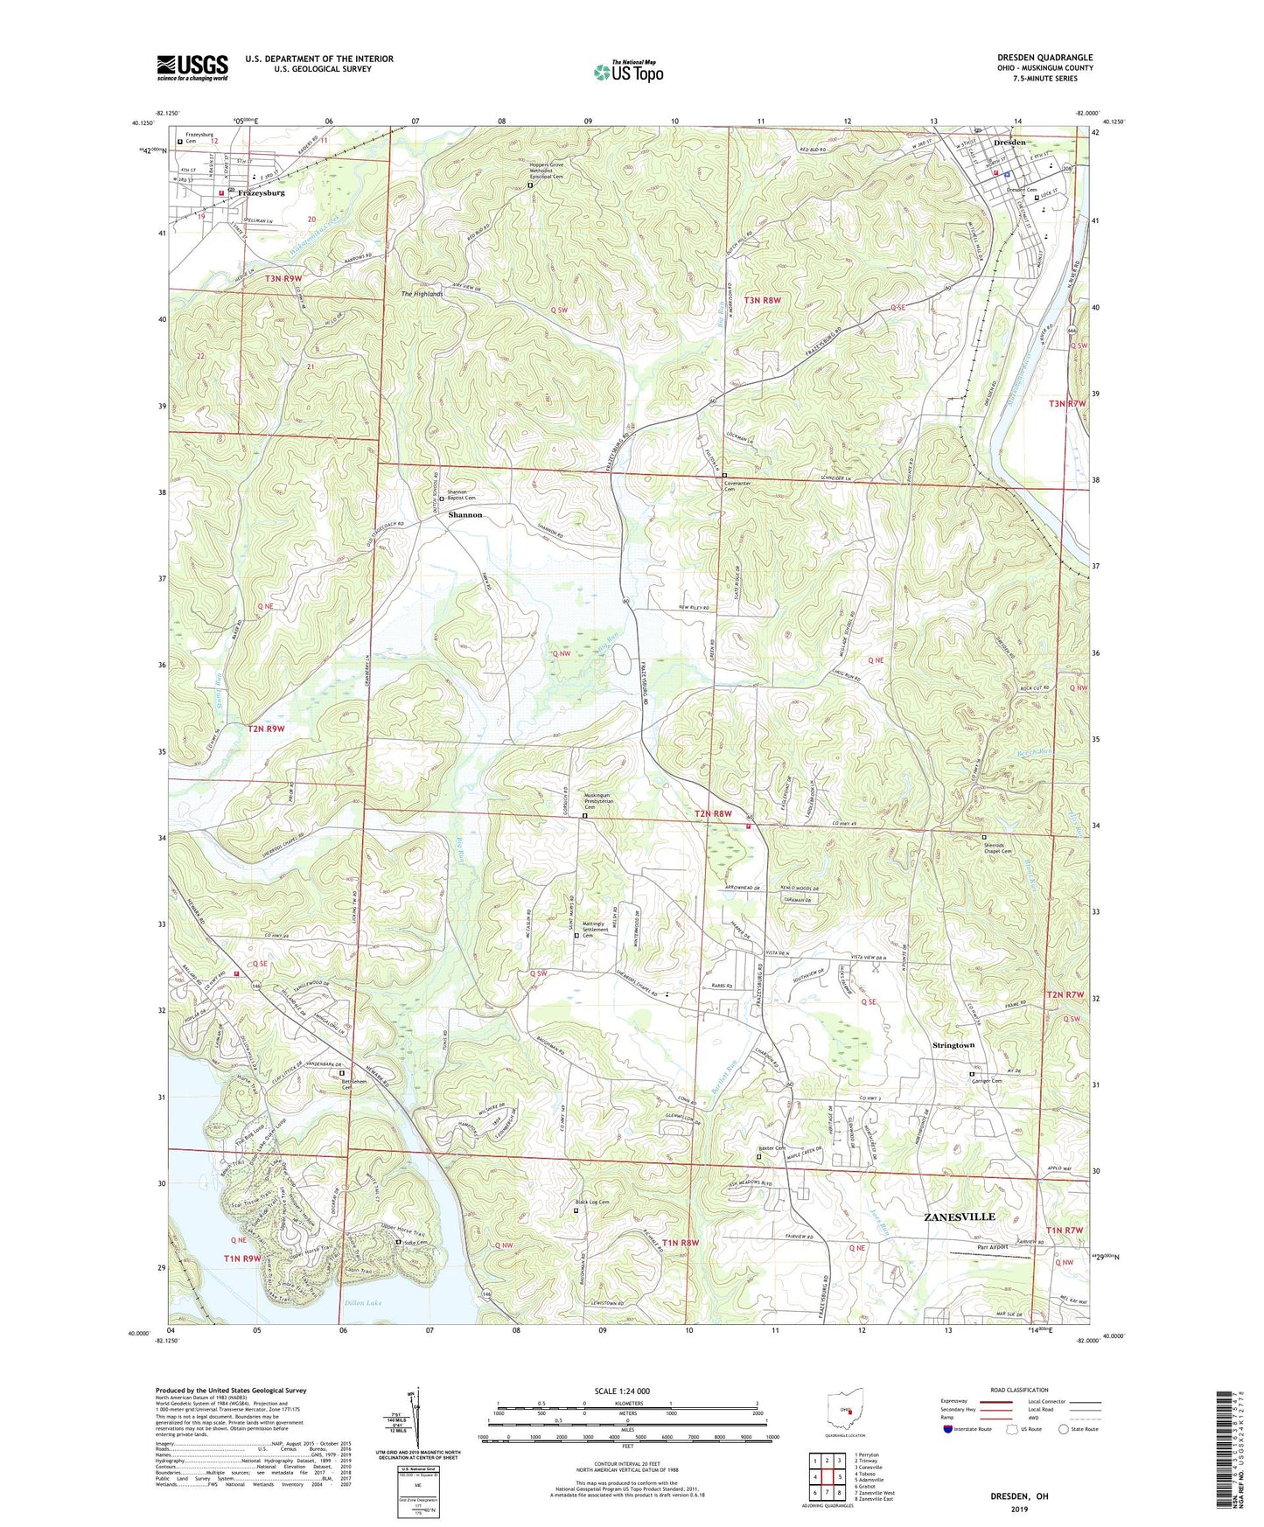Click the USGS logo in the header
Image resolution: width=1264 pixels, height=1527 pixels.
tap(192, 66)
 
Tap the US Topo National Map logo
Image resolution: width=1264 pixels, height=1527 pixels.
tap(628, 71)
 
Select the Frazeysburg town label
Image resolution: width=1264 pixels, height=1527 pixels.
tap(261, 192)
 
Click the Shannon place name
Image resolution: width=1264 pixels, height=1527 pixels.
tap(464, 515)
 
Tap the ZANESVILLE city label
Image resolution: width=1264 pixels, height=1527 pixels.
tap(960, 1217)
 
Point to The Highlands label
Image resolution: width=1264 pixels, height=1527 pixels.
tap(422, 294)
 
